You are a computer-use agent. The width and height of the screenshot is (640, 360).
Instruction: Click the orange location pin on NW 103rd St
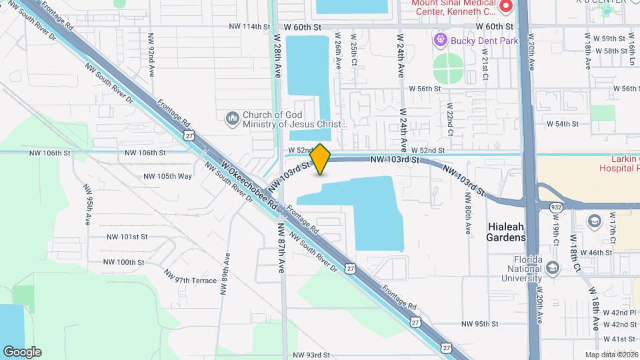pos(321,159)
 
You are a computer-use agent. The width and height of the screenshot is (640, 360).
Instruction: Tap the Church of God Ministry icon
pos(233,119)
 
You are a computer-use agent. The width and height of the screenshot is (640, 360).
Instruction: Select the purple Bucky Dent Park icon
pos(440,41)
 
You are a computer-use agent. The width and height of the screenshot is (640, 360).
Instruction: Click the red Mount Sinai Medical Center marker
pos(505,7)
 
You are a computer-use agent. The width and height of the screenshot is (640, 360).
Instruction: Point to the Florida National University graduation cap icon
pos(552,268)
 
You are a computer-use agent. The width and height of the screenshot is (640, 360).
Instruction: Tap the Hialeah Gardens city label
pos(514,232)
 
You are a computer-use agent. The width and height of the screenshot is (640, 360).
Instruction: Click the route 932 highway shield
pos(555,209)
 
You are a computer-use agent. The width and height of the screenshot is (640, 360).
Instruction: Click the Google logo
pos(22,351)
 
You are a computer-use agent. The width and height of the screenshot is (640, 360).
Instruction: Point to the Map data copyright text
pos(611,355)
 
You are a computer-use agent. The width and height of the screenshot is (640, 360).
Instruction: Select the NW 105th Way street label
pos(168,176)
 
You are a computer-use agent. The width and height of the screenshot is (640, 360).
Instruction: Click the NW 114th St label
pos(249,27)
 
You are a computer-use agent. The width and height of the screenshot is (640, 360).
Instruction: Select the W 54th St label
pos(561,124)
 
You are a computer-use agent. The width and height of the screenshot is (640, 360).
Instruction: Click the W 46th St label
pos(596,253)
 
